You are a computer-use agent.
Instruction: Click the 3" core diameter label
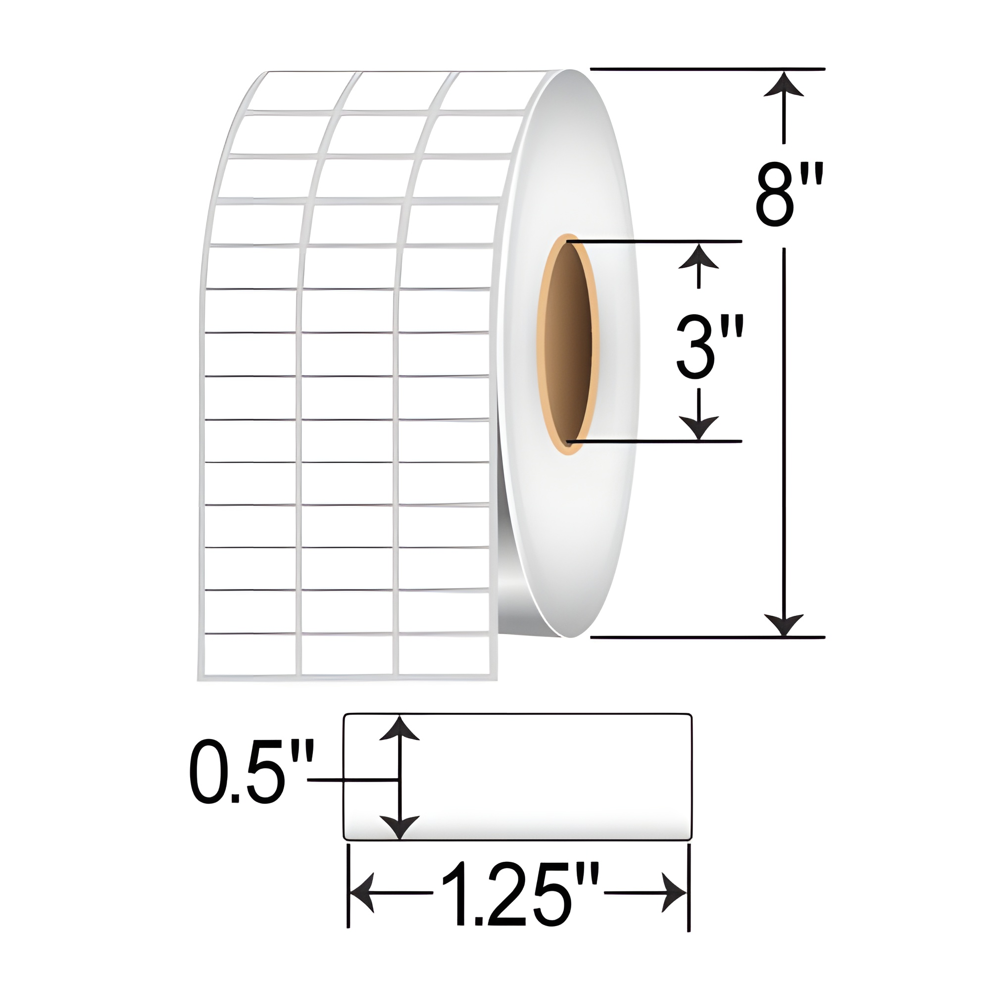pyautogui.click(x=709, y=346)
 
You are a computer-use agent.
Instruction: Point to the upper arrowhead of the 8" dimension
pyautogui.click(x=784, y=85)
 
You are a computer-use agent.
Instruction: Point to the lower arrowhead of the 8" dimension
pyautogui.click(x=784, y=624)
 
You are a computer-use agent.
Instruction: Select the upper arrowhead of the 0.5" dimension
pyautogui.click(x=399, y=730)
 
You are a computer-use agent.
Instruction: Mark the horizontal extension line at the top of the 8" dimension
pyautogui.click(x=707, y=68)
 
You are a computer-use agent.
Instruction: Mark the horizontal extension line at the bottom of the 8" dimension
pyautogui.click(x=707, y=638)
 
